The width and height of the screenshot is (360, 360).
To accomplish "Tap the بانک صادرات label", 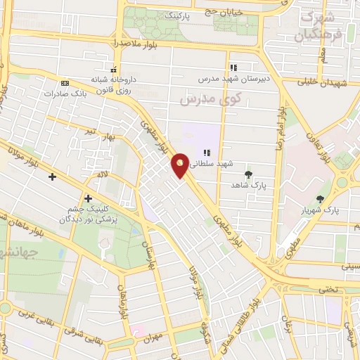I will click(66, 93).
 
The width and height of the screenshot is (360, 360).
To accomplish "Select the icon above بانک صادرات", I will click(65, 82).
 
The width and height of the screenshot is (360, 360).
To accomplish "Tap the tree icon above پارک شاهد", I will click(247, 174).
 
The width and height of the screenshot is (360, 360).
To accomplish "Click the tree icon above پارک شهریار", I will click(321, 199).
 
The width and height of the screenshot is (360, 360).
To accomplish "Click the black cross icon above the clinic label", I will click(88, 198).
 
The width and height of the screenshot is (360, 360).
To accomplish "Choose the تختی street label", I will click(327, 289).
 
